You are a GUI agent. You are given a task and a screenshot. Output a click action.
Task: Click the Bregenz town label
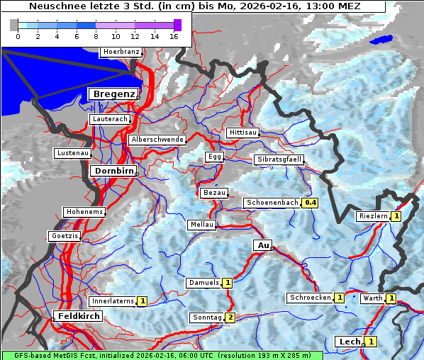113,94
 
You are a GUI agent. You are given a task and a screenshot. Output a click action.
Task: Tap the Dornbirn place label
112,171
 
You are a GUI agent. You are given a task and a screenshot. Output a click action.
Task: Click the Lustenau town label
72,153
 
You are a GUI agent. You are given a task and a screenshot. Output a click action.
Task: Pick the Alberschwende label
157,140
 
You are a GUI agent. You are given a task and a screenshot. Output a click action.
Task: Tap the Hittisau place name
243,133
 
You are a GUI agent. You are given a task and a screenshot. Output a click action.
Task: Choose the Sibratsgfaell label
279,159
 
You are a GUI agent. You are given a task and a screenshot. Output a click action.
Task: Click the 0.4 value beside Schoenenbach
311,203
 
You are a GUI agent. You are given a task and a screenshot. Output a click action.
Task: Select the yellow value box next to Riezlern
396,216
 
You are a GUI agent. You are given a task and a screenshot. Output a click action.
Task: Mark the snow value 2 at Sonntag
230,317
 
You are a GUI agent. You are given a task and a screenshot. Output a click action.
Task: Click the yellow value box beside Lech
371,342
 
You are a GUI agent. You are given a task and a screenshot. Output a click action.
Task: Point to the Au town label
262,245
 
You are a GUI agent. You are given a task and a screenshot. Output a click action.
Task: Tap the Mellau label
201,225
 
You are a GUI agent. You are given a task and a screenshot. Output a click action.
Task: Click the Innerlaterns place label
113,301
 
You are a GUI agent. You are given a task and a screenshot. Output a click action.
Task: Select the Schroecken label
310,298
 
